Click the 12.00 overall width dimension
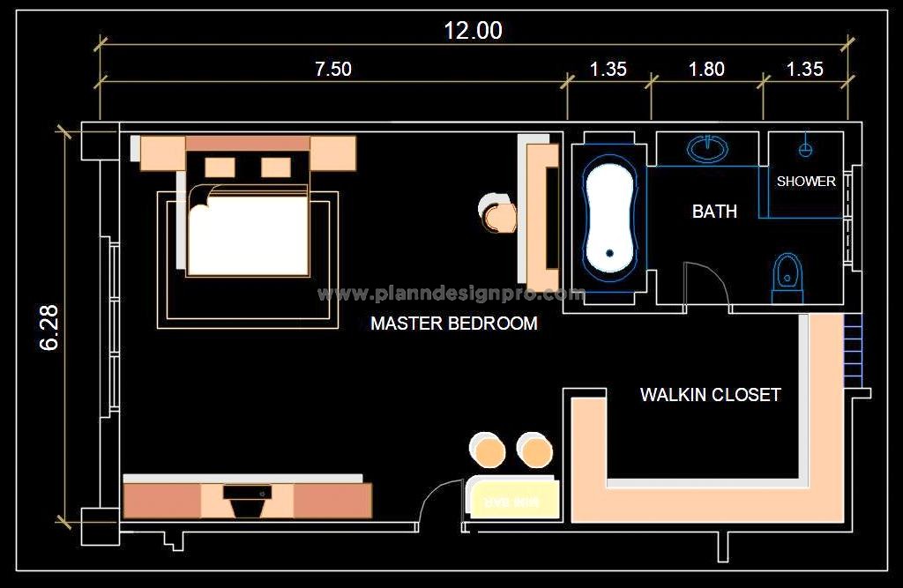(473, 31)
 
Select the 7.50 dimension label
(332, 69)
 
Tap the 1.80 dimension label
(705, 69)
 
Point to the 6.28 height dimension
(49, 327)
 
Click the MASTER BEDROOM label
(453, 324)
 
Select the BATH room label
(713, 212)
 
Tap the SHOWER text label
(806, 182)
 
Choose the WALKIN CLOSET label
(710, 395)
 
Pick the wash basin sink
(708, 148)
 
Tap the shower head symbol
(805, 148)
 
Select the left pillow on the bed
(220, 166)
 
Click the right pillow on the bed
(276, 166)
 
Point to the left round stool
(488, 450)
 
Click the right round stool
(534, 450)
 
